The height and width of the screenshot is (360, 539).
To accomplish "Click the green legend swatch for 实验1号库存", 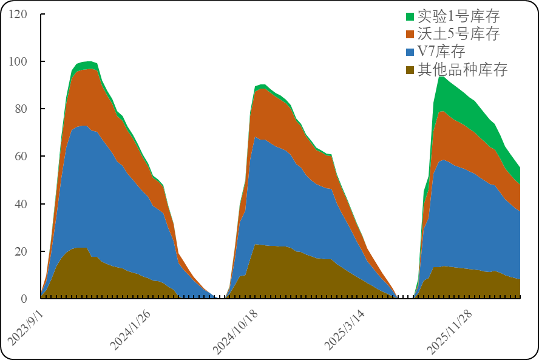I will [x=410, y=16].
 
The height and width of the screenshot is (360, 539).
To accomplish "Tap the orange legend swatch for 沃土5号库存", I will [x=410, y=34].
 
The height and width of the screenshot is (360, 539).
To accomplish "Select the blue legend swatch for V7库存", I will [x=410, y=52].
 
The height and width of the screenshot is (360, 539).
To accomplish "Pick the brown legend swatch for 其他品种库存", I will [x=410, y=69].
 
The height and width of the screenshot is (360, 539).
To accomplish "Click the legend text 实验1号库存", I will [x=458, y=16].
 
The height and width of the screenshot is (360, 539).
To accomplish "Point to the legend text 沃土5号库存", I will [x=458, y=34].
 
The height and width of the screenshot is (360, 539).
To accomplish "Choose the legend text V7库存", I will [x=441, y=52].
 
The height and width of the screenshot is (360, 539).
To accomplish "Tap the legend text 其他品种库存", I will [x=463, y=69].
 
